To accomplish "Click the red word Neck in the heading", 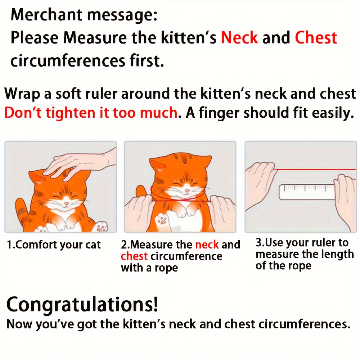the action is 239,37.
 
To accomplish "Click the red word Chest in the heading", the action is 316,37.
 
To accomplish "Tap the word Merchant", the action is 46,15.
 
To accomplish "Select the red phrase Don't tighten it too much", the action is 91,113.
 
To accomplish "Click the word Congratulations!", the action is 82,305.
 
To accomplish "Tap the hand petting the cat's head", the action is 80,164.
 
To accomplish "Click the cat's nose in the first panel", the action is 66,203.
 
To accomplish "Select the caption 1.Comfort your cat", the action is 54,245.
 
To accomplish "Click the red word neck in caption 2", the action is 207,245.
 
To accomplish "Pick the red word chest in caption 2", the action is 134,256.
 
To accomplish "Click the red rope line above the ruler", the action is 316,170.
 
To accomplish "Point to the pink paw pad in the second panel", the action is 163,221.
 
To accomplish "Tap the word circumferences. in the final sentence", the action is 305,324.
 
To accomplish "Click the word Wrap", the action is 22,94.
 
